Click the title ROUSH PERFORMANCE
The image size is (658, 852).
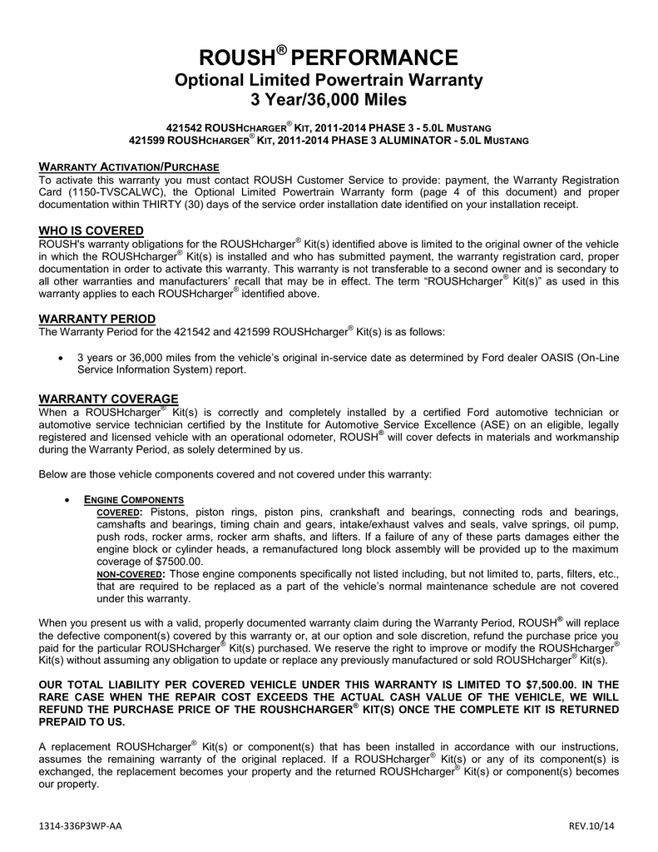[x=329, y=57]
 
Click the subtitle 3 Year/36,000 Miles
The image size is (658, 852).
[x=329, y=101]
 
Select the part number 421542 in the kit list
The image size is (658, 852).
[x=185, y=127]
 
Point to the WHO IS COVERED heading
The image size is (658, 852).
[x=92, y=230]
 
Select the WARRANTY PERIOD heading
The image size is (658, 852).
[x=97, y=319]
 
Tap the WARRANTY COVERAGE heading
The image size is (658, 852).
[x=109, y=399]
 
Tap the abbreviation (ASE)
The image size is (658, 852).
[x=492, y=424]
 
